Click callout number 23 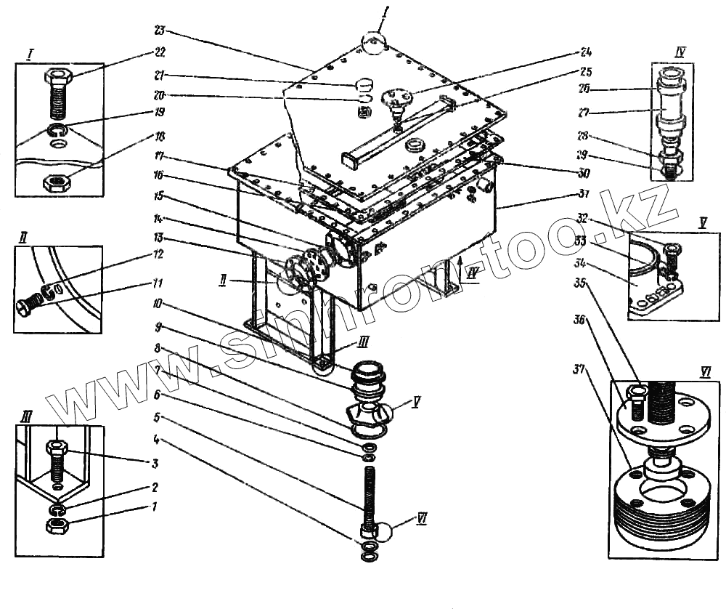160,31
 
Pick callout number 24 585,52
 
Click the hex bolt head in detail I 57,75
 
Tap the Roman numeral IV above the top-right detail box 680,51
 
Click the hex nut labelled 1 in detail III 57,525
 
